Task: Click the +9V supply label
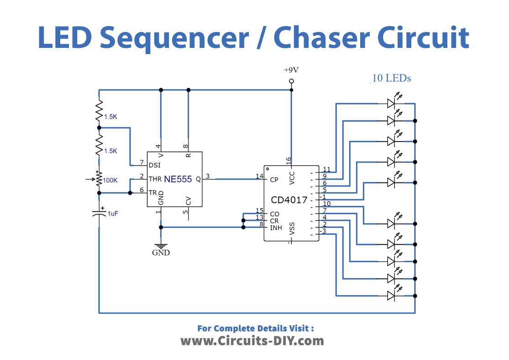(291, 70)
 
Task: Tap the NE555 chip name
(178, 179)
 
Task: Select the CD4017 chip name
(289, 200)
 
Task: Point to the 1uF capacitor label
(112, 213)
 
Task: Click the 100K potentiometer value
(110, 180)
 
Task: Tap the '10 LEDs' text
(391, 78)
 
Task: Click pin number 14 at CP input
(259, 176)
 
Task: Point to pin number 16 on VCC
(288, 160)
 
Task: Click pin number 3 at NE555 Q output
(208, 176)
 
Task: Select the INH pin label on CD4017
(275, 227)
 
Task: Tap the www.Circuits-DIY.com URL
(252, 341)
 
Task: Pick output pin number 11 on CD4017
(326, 169)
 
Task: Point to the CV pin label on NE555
(188, 201)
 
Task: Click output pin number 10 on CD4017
(326, 203)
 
